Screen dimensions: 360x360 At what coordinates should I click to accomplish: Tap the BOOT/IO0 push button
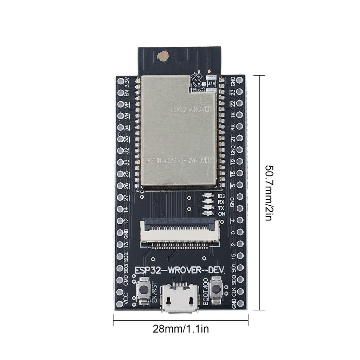(216, 290)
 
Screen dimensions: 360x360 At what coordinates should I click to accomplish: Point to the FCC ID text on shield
(179, 160)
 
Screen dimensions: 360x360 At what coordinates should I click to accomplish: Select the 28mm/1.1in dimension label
(181, 329)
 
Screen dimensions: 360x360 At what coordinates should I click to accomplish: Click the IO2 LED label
(221, 196)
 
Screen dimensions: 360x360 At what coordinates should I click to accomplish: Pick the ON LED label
(221, 213)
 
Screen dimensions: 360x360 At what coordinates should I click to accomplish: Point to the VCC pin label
(127, 298)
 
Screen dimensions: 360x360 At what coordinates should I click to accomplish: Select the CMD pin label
(127, 281)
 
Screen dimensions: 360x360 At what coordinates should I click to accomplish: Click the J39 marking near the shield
(211, 84)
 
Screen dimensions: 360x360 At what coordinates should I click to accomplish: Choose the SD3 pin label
(127, 268)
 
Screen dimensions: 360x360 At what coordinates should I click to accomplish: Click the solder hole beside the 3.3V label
(120, 82)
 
